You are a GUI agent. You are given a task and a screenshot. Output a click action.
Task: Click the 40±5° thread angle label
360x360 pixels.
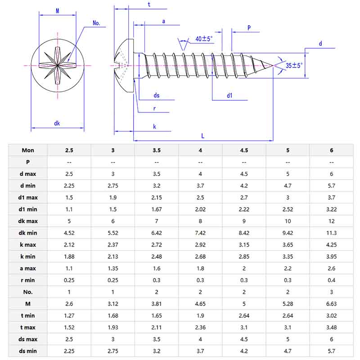click(x=204, y=39)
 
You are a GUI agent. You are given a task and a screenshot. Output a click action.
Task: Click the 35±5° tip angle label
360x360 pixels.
click(x=294, y=65)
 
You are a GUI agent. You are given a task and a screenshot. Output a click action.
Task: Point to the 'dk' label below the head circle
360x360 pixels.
click(x=57, y=123)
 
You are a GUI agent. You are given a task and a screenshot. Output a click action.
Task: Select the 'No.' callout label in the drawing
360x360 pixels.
click(x=96, y=23)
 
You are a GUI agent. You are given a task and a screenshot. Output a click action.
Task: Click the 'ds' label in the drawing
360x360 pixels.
click(x=157, y=95)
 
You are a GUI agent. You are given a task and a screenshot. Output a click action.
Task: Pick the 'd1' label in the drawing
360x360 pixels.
click(x=229, y=95)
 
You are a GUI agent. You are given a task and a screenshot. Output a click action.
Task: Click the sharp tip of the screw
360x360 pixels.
click(x=274, y=66)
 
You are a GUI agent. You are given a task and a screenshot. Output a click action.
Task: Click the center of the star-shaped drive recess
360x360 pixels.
click(x=58, y=66)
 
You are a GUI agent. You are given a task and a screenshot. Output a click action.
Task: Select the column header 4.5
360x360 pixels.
click(x=244, y=150)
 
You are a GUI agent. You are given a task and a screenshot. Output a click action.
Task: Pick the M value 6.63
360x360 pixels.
click(x=332, y=304)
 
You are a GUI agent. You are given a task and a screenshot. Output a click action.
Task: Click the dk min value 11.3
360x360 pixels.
click(x=332, y=233)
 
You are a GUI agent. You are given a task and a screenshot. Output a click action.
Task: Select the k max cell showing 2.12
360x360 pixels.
click(x=69, y=244)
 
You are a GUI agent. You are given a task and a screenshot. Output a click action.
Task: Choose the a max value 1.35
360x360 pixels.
click(x=113, y=268)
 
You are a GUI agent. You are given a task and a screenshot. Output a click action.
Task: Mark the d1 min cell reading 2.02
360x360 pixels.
click(x=200, y=209)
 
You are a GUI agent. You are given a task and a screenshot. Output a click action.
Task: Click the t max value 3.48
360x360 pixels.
click(x=332, y=327)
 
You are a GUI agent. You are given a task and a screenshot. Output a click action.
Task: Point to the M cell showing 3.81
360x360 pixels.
click(x=157, y=304)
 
